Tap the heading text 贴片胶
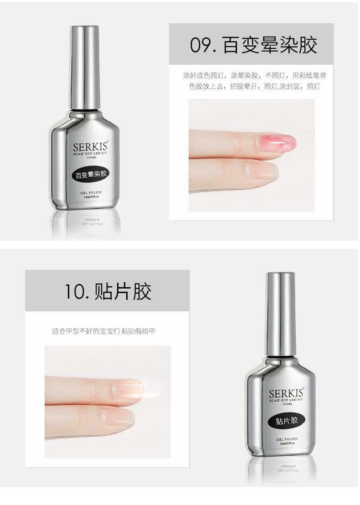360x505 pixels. pyautogui.click(x=122, y=291)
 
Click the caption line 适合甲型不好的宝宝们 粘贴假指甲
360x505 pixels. pyautogui.click(x=103, y=331)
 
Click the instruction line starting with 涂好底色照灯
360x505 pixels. pyautogui.click(x=254, y=75)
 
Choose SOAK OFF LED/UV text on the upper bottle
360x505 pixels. pyautogui.click(x=90, y=155)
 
